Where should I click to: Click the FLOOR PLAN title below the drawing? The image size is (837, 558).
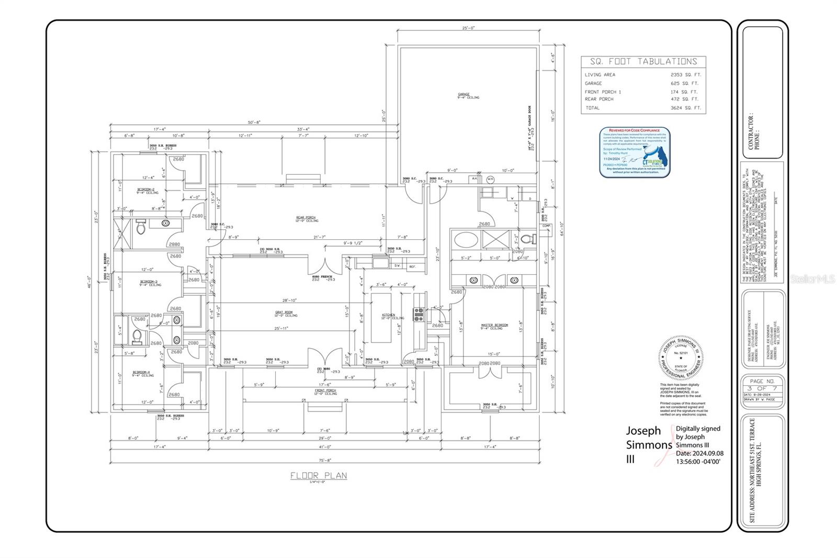pyautogui.click(x=319, y=475)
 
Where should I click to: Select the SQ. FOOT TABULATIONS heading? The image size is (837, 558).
pyautogui.click(x=643, y=62)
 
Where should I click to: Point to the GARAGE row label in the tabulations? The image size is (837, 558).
pyautogui.click(x=593, y=83)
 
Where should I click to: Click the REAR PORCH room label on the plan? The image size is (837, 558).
pyautogui.click(x=306, y=218)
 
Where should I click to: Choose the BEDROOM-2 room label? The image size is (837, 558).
pyautogui.click(x=146, y=189)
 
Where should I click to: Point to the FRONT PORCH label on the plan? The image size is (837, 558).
pyautogui.click(x=325, y=390)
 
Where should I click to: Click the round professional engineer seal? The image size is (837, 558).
pyautogui.click(x=681, y=358)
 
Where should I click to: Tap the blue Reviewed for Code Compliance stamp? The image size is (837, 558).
pyautogui.click(x=635, y=152)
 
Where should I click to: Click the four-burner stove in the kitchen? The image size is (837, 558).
pyautogui.click(x=419, y=314)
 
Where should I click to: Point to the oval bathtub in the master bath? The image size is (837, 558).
pyautogui.click(x=465, y=241)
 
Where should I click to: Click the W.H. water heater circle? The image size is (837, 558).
pyautogui.click(x=490, y=179)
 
